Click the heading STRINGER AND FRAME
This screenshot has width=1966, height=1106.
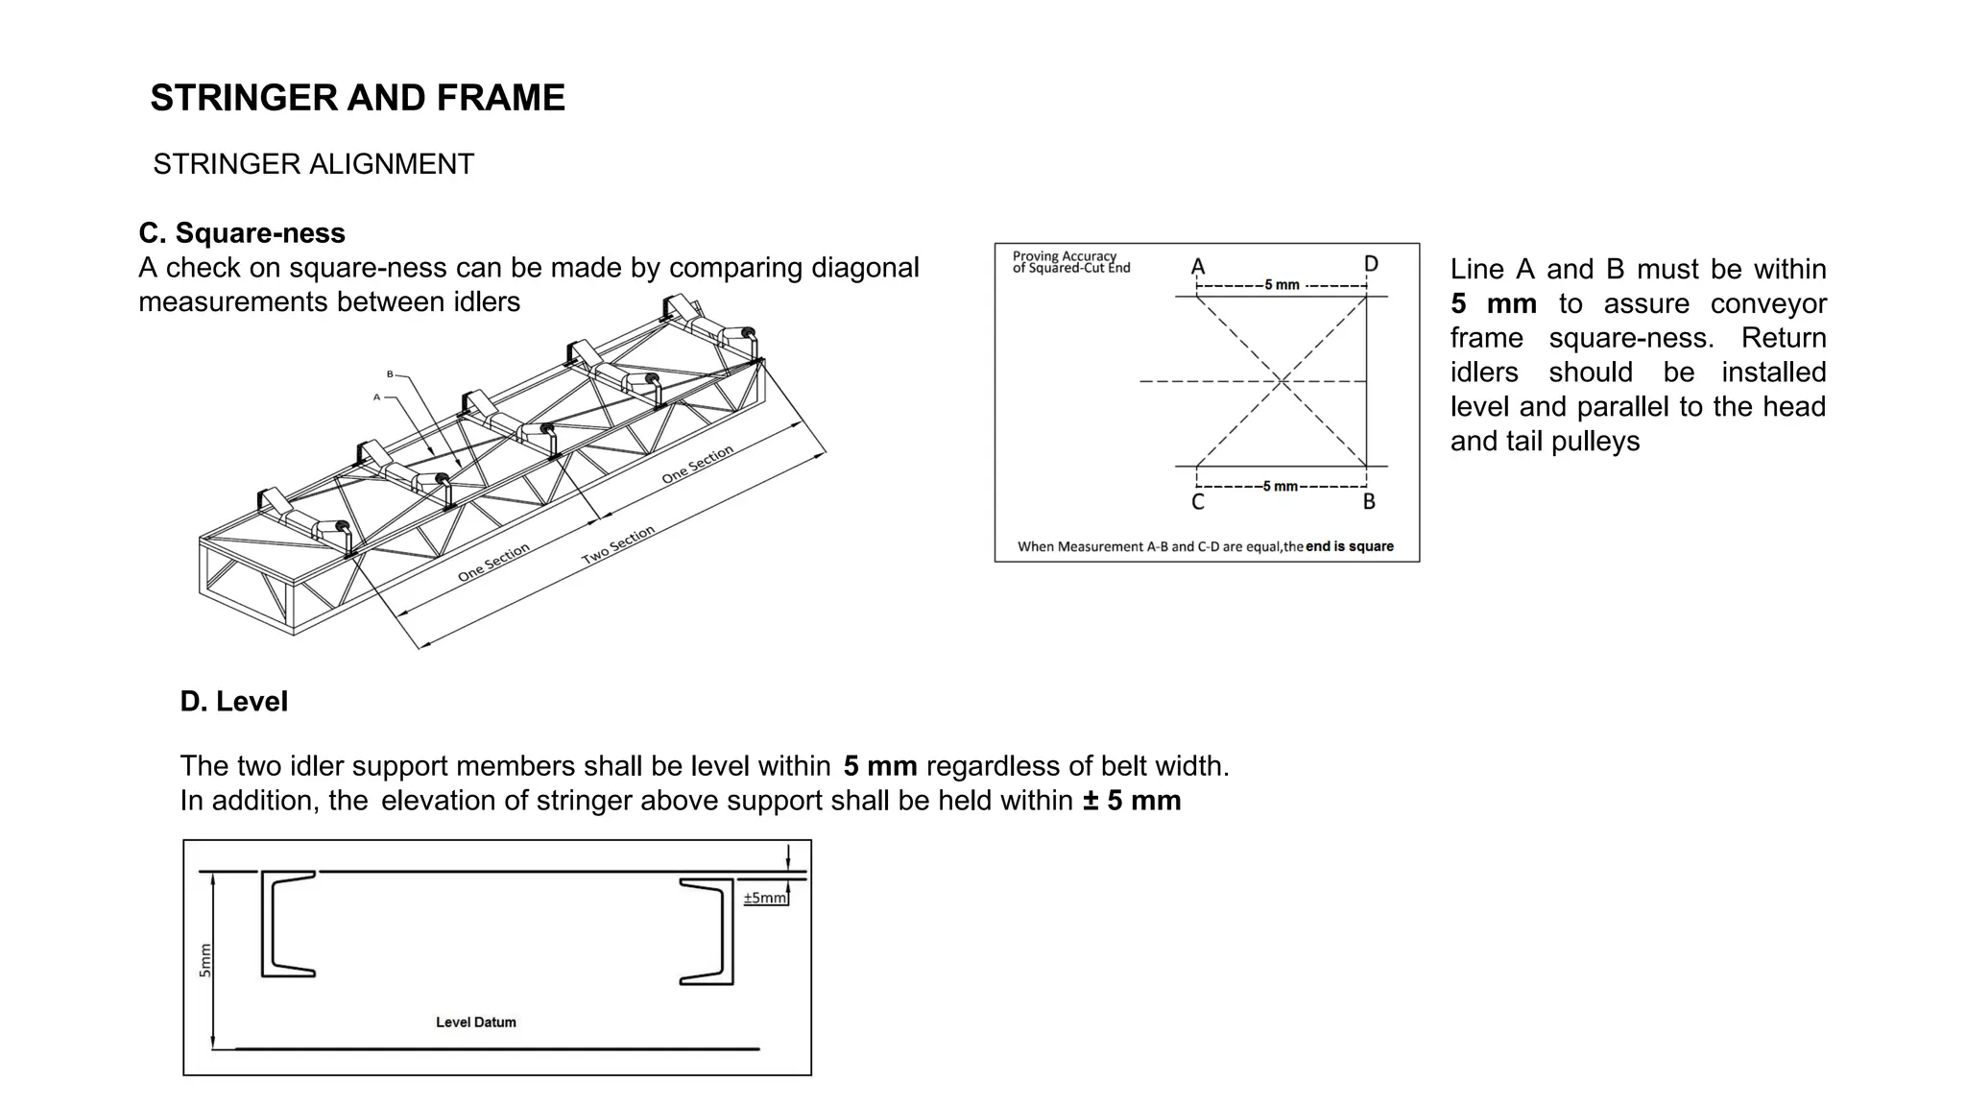pos(357,98)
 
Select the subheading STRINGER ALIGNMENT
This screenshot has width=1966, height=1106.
pos(313,164)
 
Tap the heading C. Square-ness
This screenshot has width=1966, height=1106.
pos(242,233)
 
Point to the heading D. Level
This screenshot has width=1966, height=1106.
pos(233,702)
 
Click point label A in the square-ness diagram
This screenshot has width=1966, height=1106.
pos(1198,267)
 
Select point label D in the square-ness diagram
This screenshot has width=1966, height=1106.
pos(1371,264)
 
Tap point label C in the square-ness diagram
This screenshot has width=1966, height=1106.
pos(1198,502)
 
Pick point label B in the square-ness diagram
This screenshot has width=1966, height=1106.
pos(1369,502)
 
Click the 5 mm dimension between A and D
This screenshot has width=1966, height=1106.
pos(1282,285)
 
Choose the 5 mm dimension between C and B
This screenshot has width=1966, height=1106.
pos(1280,487)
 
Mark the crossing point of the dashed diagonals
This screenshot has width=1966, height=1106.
pos(1282,381)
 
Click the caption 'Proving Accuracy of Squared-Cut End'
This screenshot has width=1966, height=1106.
pos(1070,262)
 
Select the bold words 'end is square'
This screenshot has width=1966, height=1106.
pos(1349,546)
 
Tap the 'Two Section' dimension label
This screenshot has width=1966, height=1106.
pos(618,545)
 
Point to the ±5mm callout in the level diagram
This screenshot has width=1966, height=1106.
pos(764,898)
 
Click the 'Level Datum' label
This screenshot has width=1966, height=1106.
pos(476,1022)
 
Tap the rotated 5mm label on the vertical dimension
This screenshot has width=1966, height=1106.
pos(204,961)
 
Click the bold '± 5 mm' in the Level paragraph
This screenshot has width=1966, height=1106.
pos(1132,801)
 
